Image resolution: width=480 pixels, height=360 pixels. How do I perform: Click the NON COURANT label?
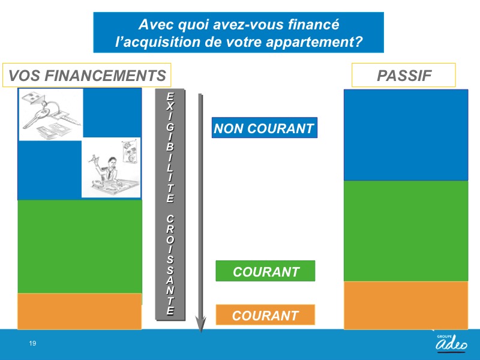[265, 128]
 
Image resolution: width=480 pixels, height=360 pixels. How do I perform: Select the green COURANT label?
[265, 271]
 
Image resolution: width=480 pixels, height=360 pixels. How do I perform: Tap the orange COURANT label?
[265, 314]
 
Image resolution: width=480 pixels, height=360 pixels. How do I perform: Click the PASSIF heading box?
[404, 76]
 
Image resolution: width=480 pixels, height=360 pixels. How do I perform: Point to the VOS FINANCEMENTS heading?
[86, 76]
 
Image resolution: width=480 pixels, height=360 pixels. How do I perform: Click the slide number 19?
[32, 343]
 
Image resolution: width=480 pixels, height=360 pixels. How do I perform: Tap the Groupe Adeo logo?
[451, 343]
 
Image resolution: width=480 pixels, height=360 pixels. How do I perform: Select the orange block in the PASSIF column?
[406, 305]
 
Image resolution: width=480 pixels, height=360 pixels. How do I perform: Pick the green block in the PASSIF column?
[406, 231]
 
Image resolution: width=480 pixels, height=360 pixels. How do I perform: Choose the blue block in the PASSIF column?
[406, 135]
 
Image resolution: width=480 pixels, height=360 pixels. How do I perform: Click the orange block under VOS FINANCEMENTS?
[80, 311]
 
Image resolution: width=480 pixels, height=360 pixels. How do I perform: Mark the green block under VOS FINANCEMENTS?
[80, 247]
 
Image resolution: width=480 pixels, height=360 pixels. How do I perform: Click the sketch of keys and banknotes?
[51, 115]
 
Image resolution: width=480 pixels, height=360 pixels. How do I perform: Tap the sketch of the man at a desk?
[111, 167]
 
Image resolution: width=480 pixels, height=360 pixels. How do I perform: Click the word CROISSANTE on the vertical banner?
[170, 265]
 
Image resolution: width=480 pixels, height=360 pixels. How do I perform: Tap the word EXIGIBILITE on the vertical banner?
[170, 148]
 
